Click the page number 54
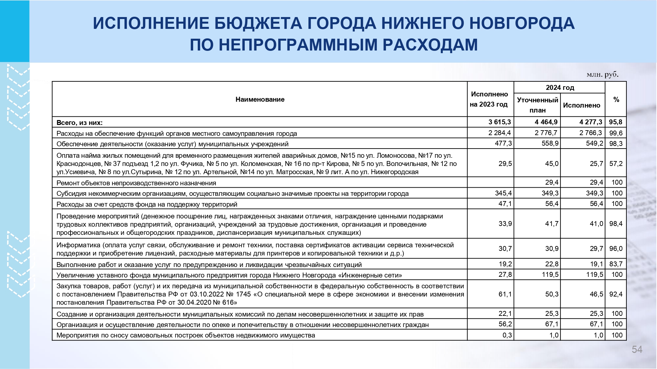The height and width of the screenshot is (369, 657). (x=637, y=350)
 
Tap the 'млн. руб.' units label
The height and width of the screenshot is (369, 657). (x=602, y=74)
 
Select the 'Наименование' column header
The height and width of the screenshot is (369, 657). (x=260, y=99)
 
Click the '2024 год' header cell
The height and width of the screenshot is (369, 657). (x=560, y=88)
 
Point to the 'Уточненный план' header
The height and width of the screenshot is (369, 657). (x=537, y=105)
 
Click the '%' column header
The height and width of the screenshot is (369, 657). (x=616, y=99)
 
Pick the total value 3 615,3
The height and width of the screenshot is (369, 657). (x=500, y=122)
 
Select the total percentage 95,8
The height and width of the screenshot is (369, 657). (x=616, y=122)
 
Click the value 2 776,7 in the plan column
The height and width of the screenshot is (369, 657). (x=546, y=133)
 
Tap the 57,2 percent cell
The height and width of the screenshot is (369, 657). (x=616, y=164)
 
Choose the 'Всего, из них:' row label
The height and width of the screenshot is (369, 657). (x=79, y=123)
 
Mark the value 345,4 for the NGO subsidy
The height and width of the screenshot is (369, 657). (x=503, y=193)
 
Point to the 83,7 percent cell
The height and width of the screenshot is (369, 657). (x=616, y=264)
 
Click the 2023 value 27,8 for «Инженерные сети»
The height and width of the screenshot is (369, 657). (x=505, y=275)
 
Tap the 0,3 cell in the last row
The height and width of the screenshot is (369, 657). (x=507, y=335)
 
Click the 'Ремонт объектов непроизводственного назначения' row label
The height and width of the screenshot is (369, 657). (x=136, y=183)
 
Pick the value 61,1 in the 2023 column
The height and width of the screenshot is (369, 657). (x=505, y=294)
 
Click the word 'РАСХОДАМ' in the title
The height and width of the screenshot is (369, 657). (x=430, y=45)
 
